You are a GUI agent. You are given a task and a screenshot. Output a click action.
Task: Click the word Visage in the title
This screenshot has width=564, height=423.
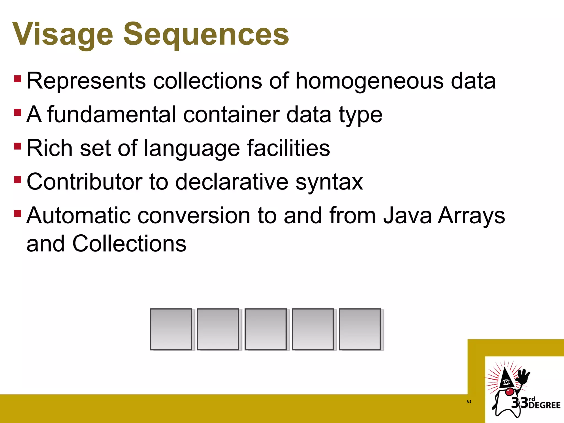(x=63, y=34)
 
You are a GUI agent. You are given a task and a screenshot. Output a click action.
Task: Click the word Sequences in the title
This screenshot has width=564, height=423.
(x=206, y=34)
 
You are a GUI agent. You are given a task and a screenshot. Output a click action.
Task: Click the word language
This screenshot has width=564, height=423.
(x=192, y=149)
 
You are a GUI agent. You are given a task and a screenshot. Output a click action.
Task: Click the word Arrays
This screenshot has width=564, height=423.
(x=471, y=216)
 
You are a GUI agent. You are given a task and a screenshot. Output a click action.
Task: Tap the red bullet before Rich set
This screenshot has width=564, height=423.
(x=17, y=146)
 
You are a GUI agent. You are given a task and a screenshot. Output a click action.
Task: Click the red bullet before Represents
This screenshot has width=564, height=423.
(x=17, y=78)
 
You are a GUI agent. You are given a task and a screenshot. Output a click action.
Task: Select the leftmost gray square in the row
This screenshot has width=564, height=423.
(x=171, y=329)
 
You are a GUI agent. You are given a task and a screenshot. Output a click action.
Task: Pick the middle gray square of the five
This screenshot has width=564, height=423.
(x=265, y=329)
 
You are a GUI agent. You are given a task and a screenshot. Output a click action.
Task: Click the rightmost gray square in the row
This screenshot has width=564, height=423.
(x=360, y=329)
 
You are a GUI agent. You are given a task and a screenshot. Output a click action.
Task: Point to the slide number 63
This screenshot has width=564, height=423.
(x=469, y=402)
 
